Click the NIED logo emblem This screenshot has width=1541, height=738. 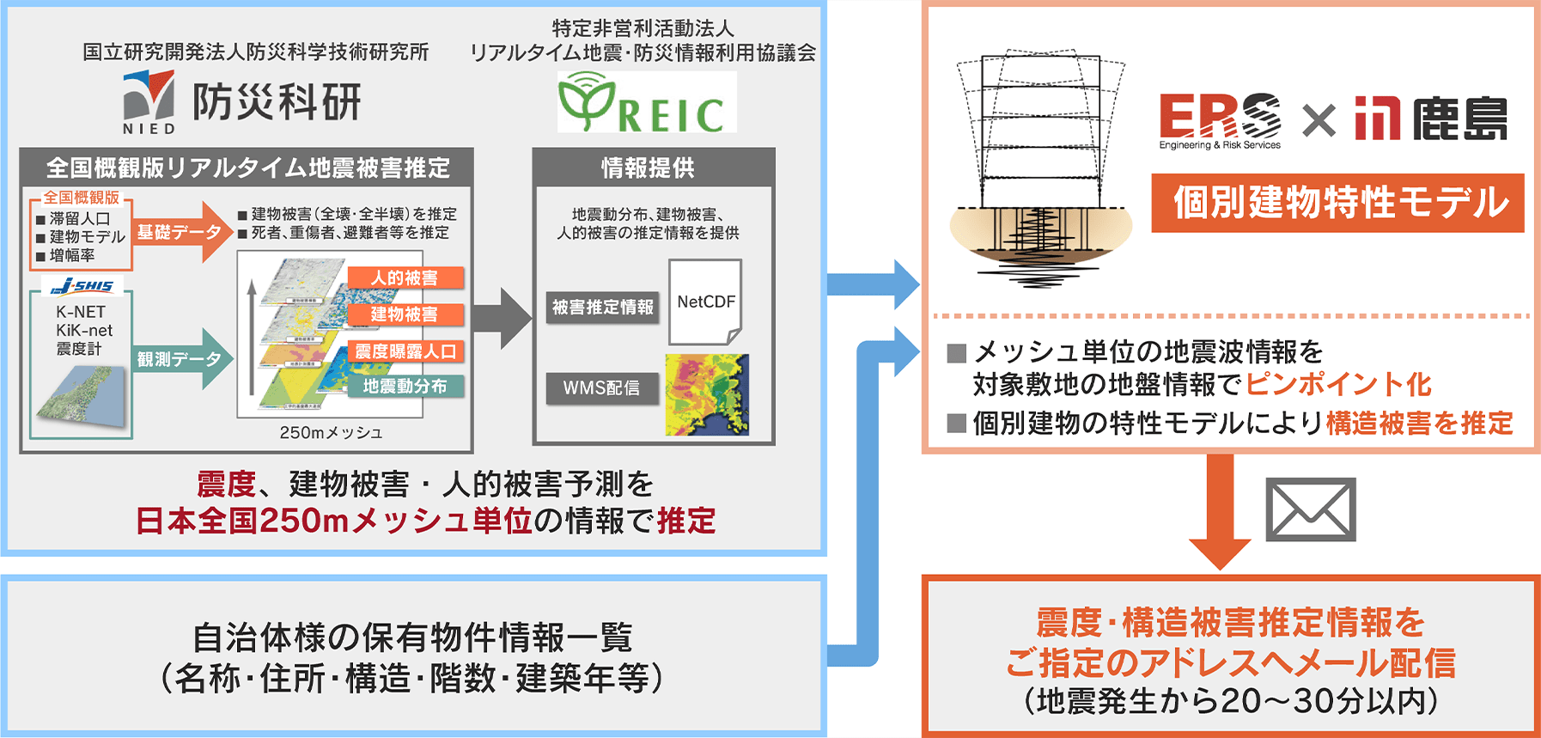coord(149,96)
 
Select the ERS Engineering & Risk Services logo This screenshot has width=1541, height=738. coord(1220,119)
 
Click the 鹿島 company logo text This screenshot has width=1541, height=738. coord(1460,119)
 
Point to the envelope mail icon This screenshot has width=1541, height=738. coord(1311,509)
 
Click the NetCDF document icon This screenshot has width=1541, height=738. coord(704,302)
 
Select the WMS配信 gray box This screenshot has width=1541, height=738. coord(602,388)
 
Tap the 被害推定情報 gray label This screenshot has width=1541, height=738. coord(602,307)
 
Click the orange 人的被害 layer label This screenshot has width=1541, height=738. coord(405,278)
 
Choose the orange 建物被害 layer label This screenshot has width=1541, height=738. coord(405,314)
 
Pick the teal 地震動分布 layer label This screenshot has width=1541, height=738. coord(405,387)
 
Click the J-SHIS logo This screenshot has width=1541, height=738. coord(82,286)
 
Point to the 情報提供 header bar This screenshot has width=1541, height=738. coord(653,168)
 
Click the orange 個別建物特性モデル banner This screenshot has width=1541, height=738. coord(1337,204)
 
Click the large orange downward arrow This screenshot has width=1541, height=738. coord(1220,511)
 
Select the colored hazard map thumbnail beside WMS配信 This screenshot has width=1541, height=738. coord(707,394)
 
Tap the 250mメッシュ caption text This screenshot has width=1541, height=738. coord(331,432)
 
